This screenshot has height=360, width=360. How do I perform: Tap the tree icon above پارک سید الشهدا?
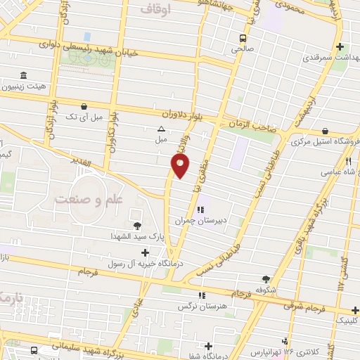tap(136, 226)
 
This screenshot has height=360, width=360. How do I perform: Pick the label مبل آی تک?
tap(84, 117)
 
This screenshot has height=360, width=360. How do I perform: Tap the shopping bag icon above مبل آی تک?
tap(84, 106)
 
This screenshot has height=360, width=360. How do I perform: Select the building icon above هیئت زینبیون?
tap(24, 75)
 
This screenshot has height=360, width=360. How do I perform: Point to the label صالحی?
tap(243, 50)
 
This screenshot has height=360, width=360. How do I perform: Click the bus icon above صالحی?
tap(243, 38)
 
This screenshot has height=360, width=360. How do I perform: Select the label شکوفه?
tap(264, 290)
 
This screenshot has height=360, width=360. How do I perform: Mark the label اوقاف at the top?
tap(155, 10)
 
